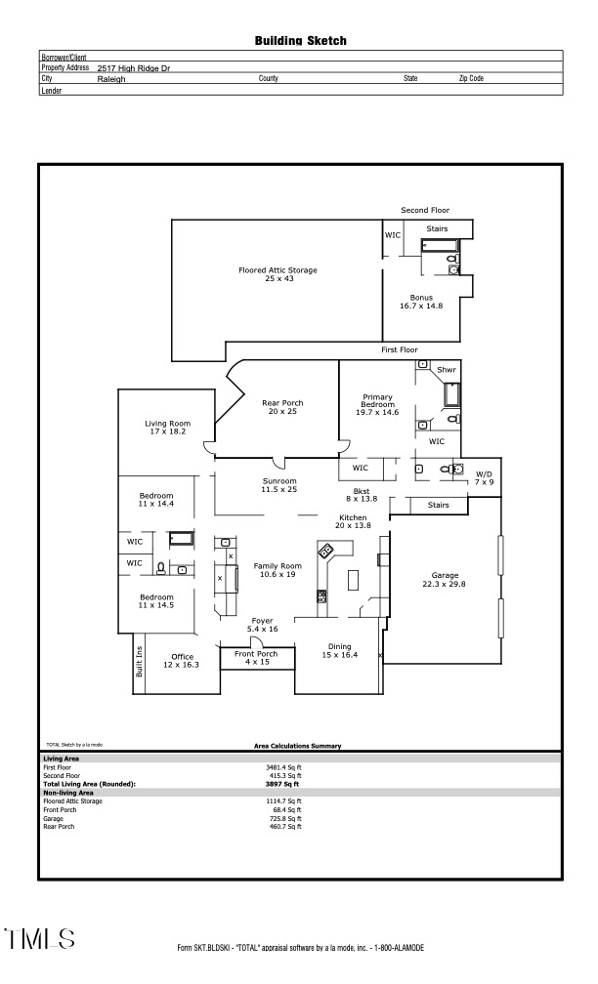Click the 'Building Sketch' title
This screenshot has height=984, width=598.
[300, 41]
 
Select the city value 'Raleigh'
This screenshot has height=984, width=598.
[111, 79]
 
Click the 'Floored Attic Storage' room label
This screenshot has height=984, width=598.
[278, 270]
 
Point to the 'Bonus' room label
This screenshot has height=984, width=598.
[421, 298]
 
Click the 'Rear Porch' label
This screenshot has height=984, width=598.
[282, 402]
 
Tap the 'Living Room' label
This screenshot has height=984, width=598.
[166, 423]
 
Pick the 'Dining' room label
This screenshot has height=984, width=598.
[339, 646]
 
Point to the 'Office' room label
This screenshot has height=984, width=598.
[182, 657]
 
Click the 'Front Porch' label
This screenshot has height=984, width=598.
[256, 654]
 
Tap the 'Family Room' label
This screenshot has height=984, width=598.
[278, 566]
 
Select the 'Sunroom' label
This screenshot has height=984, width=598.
[279, 480]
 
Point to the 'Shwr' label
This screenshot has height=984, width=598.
[447, 370]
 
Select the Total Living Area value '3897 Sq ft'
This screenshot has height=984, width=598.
[281, 784]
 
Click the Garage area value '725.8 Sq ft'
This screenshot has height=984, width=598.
[284, 818]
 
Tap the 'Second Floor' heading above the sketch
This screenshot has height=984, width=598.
[423, 210]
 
